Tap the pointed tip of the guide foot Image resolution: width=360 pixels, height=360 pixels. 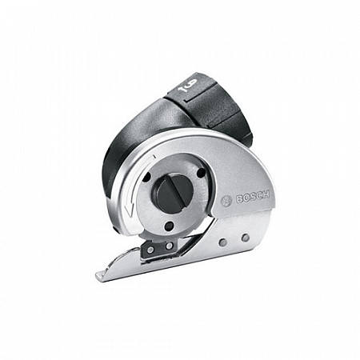pos(98,277)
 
